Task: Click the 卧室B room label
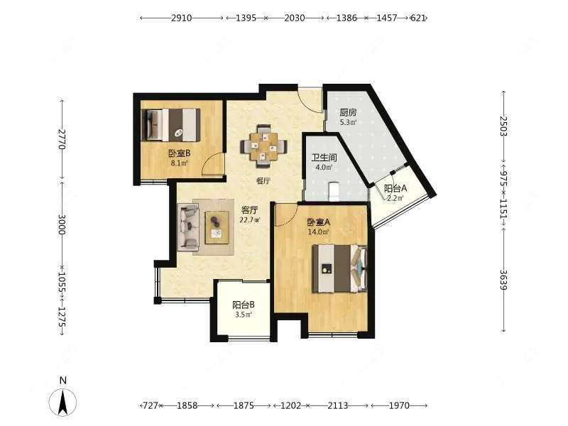coord(180,153)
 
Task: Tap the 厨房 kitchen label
coord(348,113)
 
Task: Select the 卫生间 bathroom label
coord(324,158)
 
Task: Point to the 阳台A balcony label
coord(395,188)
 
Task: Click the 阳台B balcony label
coord(244,305)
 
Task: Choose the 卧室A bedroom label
coord(319,222)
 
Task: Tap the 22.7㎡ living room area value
coord(250,219)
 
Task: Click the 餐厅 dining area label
coord(263,181)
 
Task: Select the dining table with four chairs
coord(264,146)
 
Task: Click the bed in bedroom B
coord(173,125)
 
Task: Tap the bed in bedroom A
coord(340,268)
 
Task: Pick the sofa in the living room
coord(188,227)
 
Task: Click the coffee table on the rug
coord(217,227)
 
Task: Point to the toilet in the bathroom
coord(334,191)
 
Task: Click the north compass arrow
coord(63,403)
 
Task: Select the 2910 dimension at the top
coord(182,18)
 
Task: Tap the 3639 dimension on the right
coord(503,280)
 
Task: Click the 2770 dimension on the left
coord(62,139)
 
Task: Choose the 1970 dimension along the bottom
coord(399,405)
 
